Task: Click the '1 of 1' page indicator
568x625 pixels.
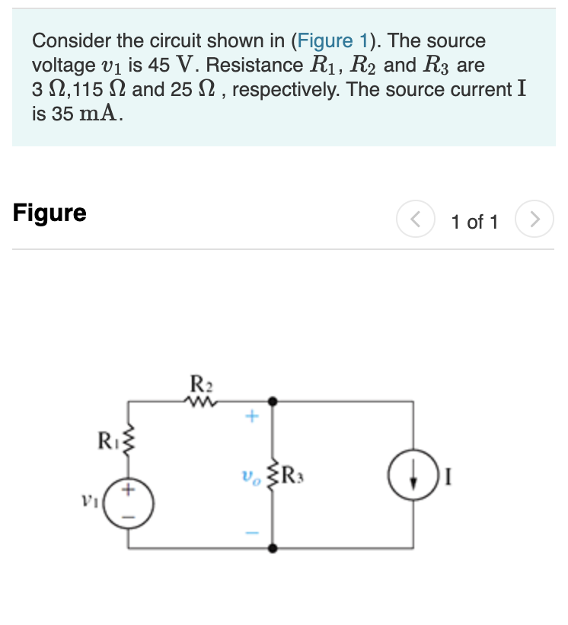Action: pos(474,222)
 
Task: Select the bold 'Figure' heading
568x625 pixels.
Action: pos(49,213)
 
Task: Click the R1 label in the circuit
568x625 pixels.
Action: pos(108,440)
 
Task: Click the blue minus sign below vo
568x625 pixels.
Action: pos(253,532)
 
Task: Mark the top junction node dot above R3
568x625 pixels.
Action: pos(273,400)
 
